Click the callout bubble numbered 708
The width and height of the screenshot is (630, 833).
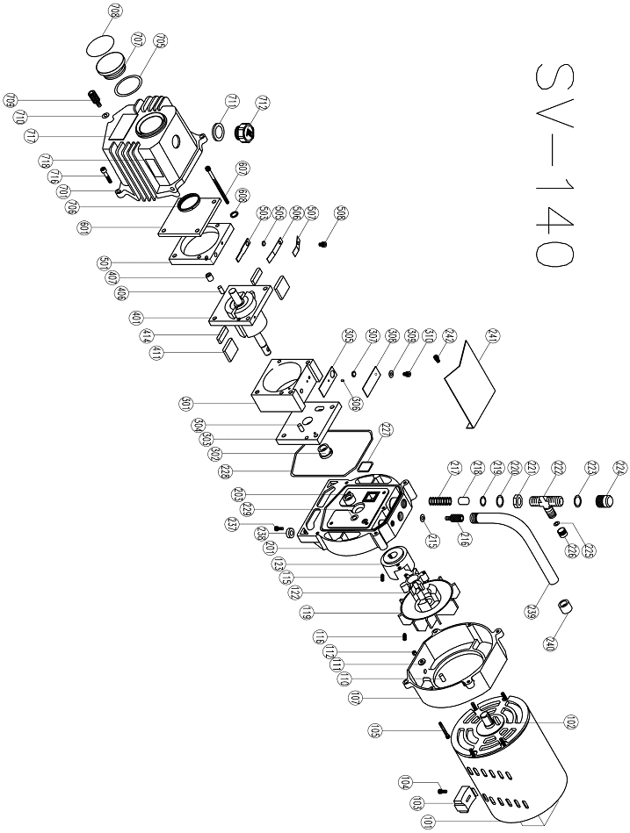point(116,11)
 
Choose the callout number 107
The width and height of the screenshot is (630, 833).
point(357,700)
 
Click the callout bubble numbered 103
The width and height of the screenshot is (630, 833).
point(416,803)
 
